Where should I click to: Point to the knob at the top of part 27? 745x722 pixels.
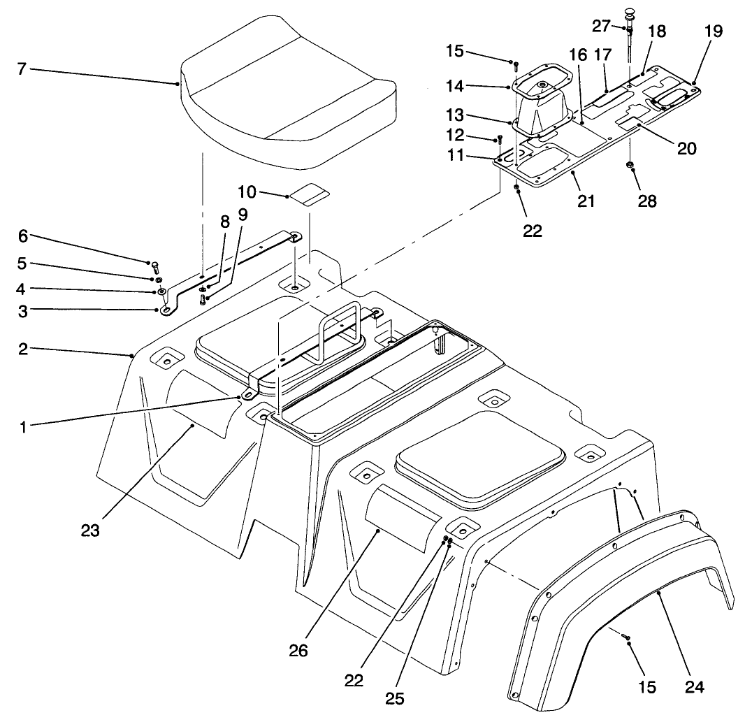[629, 13]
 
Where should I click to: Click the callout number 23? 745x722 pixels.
[90, 531]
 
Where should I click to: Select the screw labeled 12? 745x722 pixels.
[500, 140]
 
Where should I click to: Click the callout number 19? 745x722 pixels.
[694, 31]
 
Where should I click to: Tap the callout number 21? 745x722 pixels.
[586, 201]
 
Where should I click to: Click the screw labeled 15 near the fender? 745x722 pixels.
[627, 637]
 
